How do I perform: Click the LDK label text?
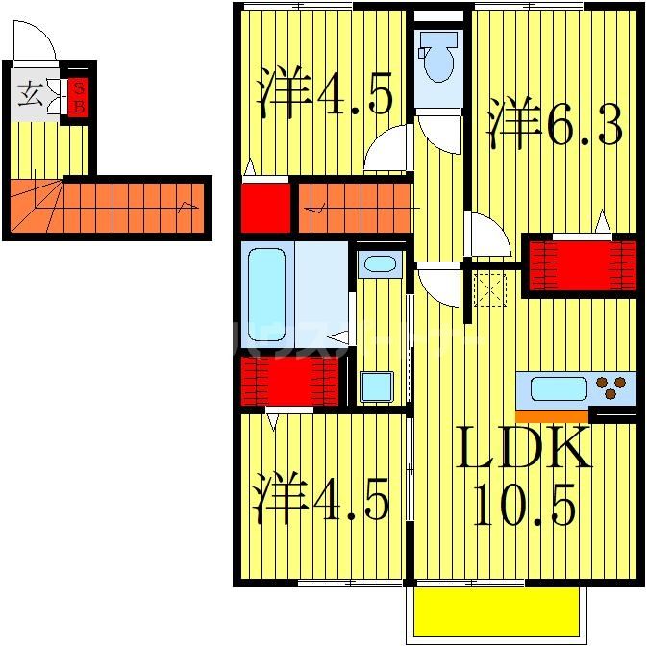(x=524, y=450)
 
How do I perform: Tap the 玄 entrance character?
(x=31, y=95)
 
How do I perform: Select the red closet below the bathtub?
(x=288, y=380)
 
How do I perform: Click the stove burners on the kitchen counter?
(x=610, y=387)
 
